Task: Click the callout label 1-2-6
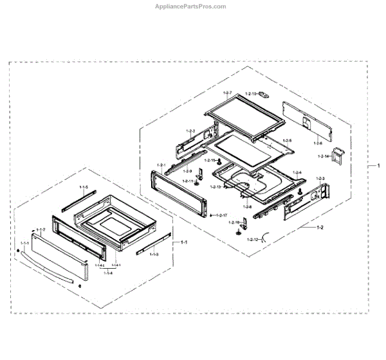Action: click(318, 143)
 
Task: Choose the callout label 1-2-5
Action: click(287, 140)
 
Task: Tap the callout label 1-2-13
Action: click(214, 186)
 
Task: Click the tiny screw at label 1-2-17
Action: click(211, 215)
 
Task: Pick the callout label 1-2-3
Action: click(320, 177)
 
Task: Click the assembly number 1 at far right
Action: click(377, 165)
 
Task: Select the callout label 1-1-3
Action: click(154, 255)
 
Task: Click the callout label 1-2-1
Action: click(161, 165)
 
